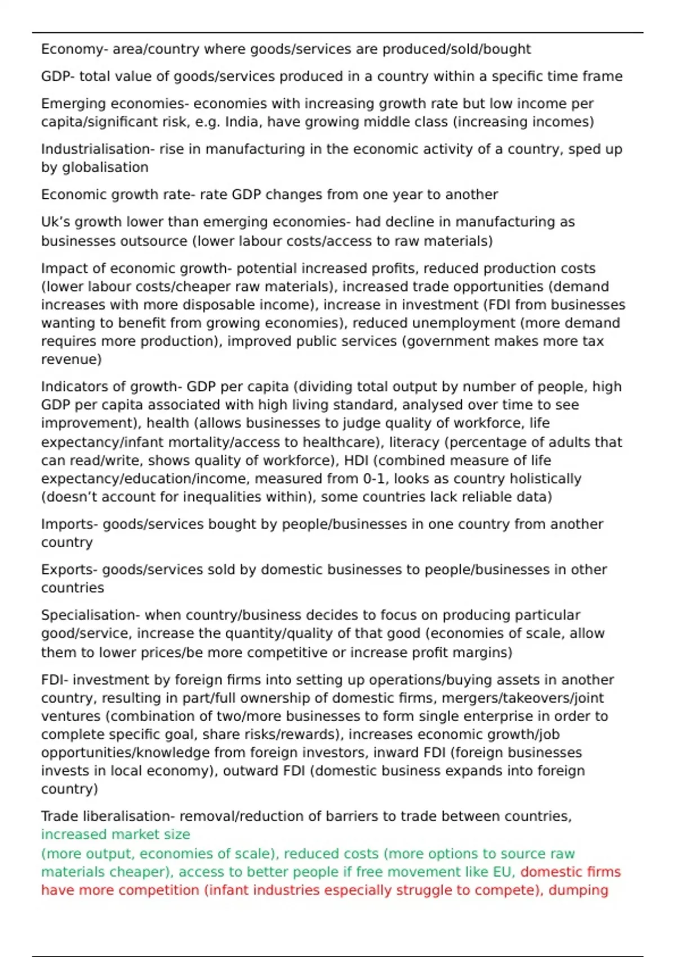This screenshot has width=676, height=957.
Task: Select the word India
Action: pyautogui.click(x=241, y=122)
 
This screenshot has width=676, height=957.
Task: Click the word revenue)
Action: pyautogui.click(x=71, y=359)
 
